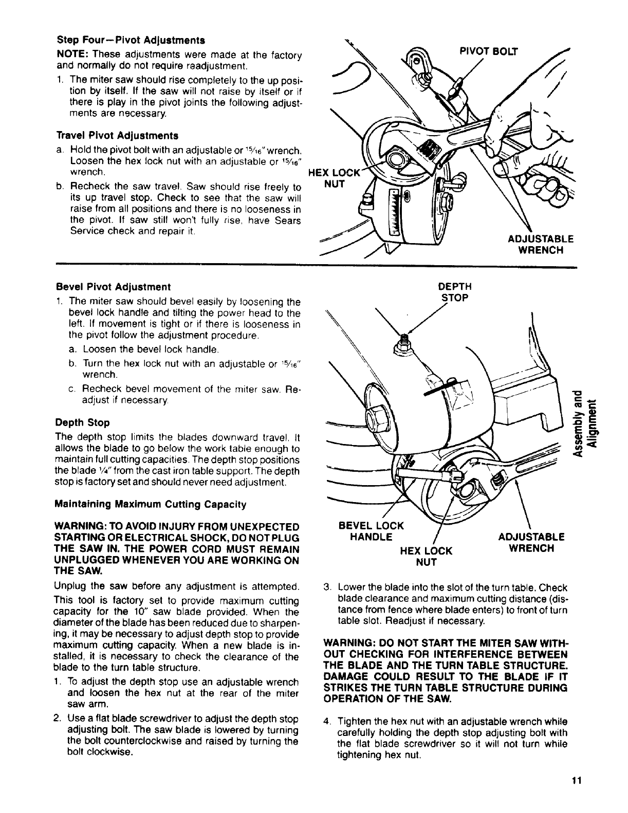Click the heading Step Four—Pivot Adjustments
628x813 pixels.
pyautogui.click(x=131, y=40)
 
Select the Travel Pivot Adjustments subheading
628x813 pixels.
pyautogui.click(x=117, y=136)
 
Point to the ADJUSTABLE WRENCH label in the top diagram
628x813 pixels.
pyautogui.click(x=540, y=244)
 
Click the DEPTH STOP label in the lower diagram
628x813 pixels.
pyautogui.click(x=454, y=292)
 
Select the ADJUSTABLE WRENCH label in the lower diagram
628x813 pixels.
pyautogui.click(x=531, y=542)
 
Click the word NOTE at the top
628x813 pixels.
pyautogui.click(x=70, y=55)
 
